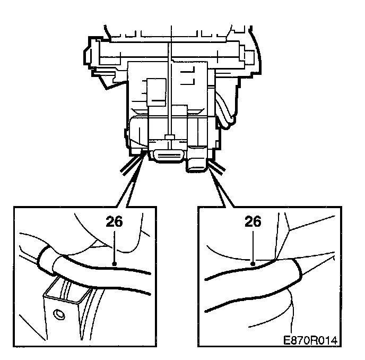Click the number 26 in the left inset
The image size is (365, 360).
[x=114, y=221]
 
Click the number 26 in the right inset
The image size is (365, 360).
[x=253, y=221]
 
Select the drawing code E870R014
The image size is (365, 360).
[x=310, y=340]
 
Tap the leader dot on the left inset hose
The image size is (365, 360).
[x=114, y=263]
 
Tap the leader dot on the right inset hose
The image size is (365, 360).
[x=253, y=263]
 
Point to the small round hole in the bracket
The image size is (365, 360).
[x=59, y=314]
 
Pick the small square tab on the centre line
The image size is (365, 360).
[x=170, y=137]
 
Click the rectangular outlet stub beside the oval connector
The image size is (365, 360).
[x=197, y=164]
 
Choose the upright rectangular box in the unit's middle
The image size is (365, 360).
[x=156, y=92]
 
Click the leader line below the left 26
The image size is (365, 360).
[x=114, y=246]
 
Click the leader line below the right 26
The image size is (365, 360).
[x=253, y=246]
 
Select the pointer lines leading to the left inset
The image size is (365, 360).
[x=131, y=181]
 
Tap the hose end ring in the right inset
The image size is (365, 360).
[x=299, y=270]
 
